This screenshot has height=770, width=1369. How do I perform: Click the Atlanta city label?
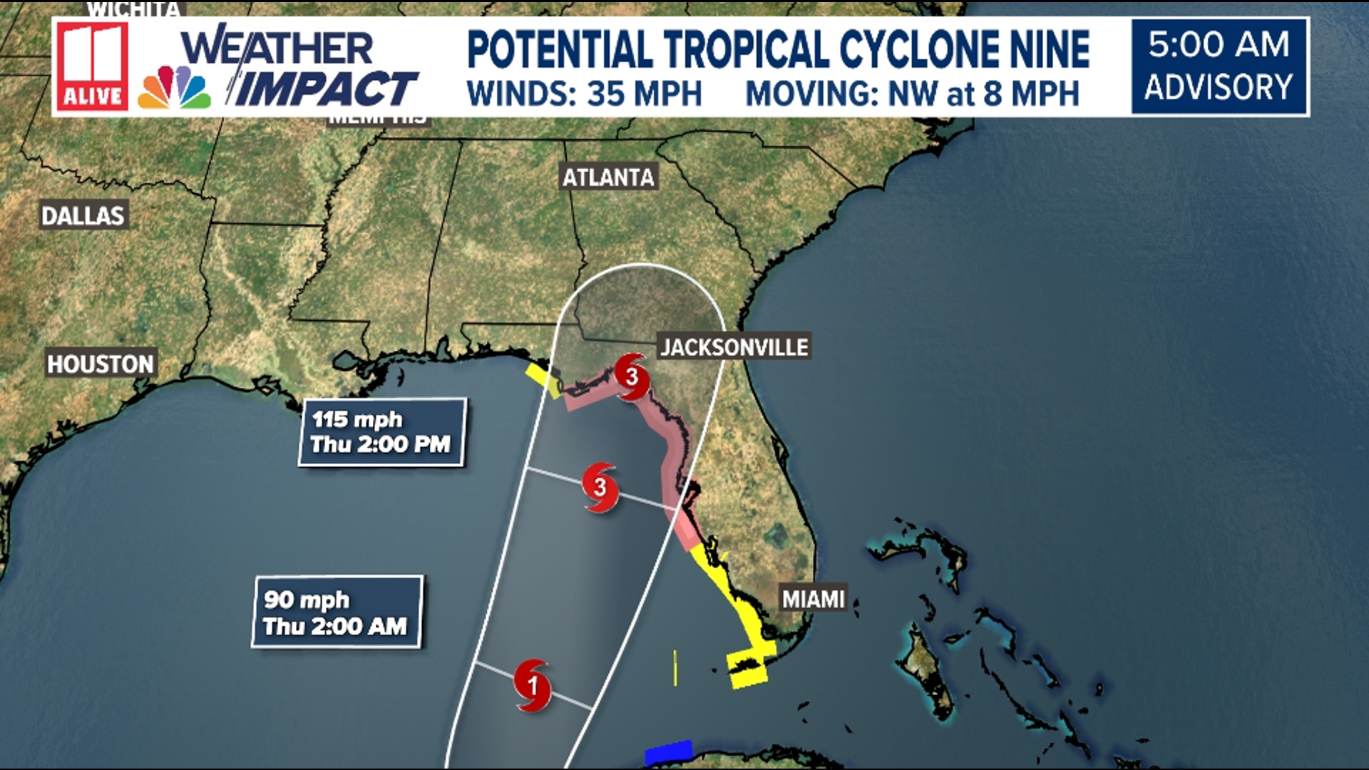click(608, 177)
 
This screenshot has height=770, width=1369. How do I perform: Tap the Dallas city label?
click(83, 215)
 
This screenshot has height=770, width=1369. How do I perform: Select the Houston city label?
click(101, 364)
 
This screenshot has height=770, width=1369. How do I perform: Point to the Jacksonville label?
click(734, 347)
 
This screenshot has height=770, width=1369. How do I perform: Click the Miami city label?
click(814, 599)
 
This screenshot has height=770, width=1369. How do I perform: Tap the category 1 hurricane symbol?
click(533, 686)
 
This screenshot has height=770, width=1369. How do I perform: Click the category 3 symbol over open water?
click(600, 487)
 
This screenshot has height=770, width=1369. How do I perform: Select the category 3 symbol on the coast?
click(632, 376)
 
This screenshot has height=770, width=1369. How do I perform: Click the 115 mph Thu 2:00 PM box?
click(381, 432)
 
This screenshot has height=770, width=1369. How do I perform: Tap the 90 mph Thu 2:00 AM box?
click(337, 612)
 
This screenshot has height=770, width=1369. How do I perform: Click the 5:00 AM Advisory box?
click(1219, 66)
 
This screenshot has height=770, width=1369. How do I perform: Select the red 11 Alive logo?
click(93, 66)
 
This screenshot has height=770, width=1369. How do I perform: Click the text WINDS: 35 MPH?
click(584, 94)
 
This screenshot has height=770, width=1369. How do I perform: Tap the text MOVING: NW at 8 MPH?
click(912, 94)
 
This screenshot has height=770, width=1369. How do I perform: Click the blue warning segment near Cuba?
click(668, 752)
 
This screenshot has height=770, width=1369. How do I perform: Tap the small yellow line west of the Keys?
click(675, 668)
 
